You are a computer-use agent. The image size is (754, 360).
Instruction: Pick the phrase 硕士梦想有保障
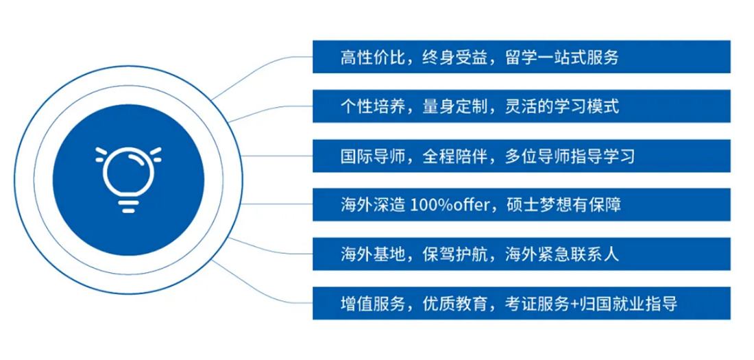[x=563, y=205]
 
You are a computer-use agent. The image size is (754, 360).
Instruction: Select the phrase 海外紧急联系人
[x=561, y=254]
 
